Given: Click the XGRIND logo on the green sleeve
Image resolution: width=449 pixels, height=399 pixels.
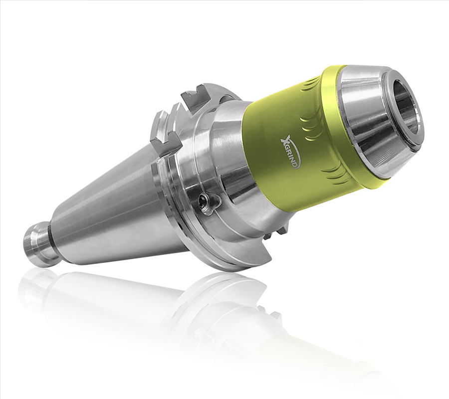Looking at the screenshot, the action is tap(290, 153).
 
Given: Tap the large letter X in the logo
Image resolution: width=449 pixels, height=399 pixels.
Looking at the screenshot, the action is tap(285, 142).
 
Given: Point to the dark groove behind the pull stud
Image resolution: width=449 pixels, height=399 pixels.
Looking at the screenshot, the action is tap(51, 238).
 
